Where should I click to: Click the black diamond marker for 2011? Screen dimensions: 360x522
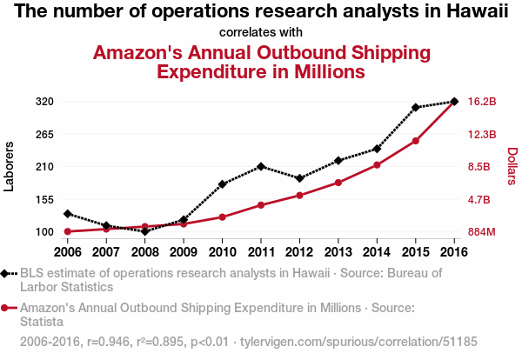(261, 166)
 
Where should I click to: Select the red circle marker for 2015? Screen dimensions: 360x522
(416, 141)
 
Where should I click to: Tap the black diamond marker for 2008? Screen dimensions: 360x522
(144, 231)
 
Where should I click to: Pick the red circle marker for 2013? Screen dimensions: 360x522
(338, 183)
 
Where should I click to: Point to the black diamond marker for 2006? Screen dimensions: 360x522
(67, 213)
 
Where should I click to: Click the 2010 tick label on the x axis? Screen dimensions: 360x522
(222, 252)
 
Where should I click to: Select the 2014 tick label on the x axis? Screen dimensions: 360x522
(377, 252)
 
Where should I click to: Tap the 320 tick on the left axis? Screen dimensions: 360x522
(44, 102)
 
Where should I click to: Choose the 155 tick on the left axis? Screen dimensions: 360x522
(44, 199)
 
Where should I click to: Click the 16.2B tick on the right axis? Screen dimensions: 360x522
(482, 102)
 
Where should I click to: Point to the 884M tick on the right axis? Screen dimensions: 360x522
(482, 232)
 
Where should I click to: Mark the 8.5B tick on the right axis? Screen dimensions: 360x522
(481, 167)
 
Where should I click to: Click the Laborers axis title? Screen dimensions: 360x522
(10, 166)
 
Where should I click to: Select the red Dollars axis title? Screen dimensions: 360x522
(512, 166)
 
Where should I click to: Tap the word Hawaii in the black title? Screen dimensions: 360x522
(478, 11)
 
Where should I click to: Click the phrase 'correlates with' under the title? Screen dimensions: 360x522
(261, 32)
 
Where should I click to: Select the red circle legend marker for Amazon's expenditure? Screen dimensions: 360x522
(6, 308)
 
